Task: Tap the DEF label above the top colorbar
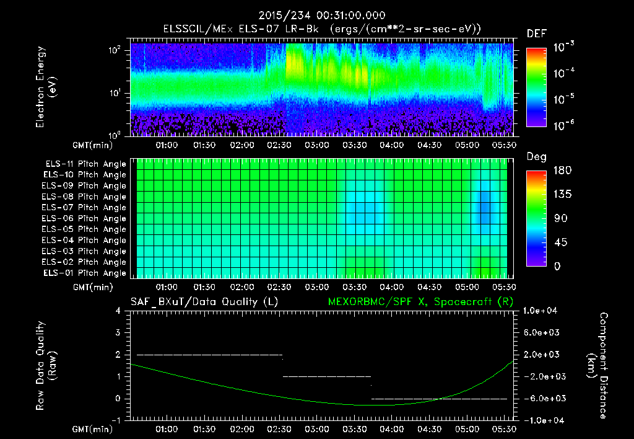pyautogui.click(x=536, y=33)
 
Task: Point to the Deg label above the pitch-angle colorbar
pyautogui.click(x=536, y=157)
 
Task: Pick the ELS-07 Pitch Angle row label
pyautogui.click(x=84, y=208)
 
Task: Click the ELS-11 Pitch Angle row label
pyautogui.click(x=84, y=164)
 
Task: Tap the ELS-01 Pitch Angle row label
pyautogui.click(x=84, y=273)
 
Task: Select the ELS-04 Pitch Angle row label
pyautogui.click(x=84, y=241)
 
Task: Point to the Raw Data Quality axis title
pyautogui.click(x=46, y=365)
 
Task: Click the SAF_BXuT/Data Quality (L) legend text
pyautogui.click(x=204, y=301)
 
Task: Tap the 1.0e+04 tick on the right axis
pyautogui.click(x=542, y=311)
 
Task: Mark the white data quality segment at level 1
pyautogui.click(x=326, y=376)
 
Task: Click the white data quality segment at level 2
pyautogui.click(x=209, y=355)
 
